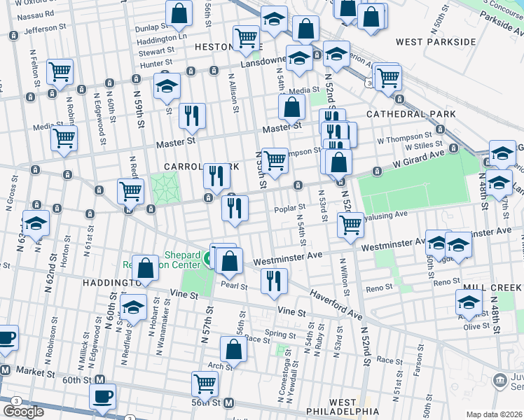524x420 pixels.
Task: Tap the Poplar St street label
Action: pyautogui.click(x=292, y=207)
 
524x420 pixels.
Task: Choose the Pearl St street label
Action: pyautogui.click(x=235, y=286)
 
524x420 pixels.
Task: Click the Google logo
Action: pyautogui.click(x=23, y=412)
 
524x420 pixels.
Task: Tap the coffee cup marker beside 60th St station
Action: pyautogui.click(x=104, y=397)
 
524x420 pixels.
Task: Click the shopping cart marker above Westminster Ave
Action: pyautogui.click(x=350, y=225)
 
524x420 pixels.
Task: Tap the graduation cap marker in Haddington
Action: pyautogui.click(x=133, y=308)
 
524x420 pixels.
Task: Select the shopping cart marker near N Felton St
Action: pyautogui.click(x=60, y=71)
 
